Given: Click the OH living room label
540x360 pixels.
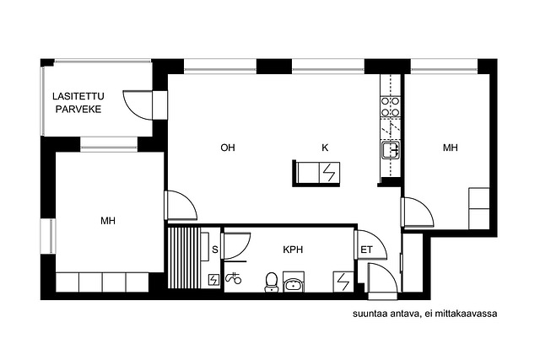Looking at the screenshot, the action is tap(228, 148).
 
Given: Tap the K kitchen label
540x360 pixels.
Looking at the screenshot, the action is tap(325, 148).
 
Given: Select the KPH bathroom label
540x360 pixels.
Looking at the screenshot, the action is tap(293, 250).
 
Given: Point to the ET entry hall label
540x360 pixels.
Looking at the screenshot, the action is tap(366, 250).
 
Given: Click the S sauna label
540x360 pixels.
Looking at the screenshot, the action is tap(215, 250).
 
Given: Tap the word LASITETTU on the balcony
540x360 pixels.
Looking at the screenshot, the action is tap(78, 96).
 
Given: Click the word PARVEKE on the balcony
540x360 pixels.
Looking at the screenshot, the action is tap(78, 110).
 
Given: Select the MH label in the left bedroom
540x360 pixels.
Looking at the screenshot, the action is tap(108, 221).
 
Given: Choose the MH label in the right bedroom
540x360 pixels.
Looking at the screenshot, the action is tap(450, 148).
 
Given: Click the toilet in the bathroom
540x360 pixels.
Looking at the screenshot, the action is tap(272, 282).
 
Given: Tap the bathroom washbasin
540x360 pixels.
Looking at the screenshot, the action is tap(294, 284).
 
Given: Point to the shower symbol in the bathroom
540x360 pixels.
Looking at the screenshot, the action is tap(233, 278).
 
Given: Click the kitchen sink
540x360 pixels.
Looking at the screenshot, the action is tap(391, 150).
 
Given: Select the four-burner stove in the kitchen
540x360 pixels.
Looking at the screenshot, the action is tap(391, 107).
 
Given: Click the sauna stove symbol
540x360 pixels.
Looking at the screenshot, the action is tap(214, 280).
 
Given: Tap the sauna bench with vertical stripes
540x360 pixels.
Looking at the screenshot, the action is tap(184, 257).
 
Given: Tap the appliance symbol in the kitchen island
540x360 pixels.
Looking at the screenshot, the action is tap(330, 173).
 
